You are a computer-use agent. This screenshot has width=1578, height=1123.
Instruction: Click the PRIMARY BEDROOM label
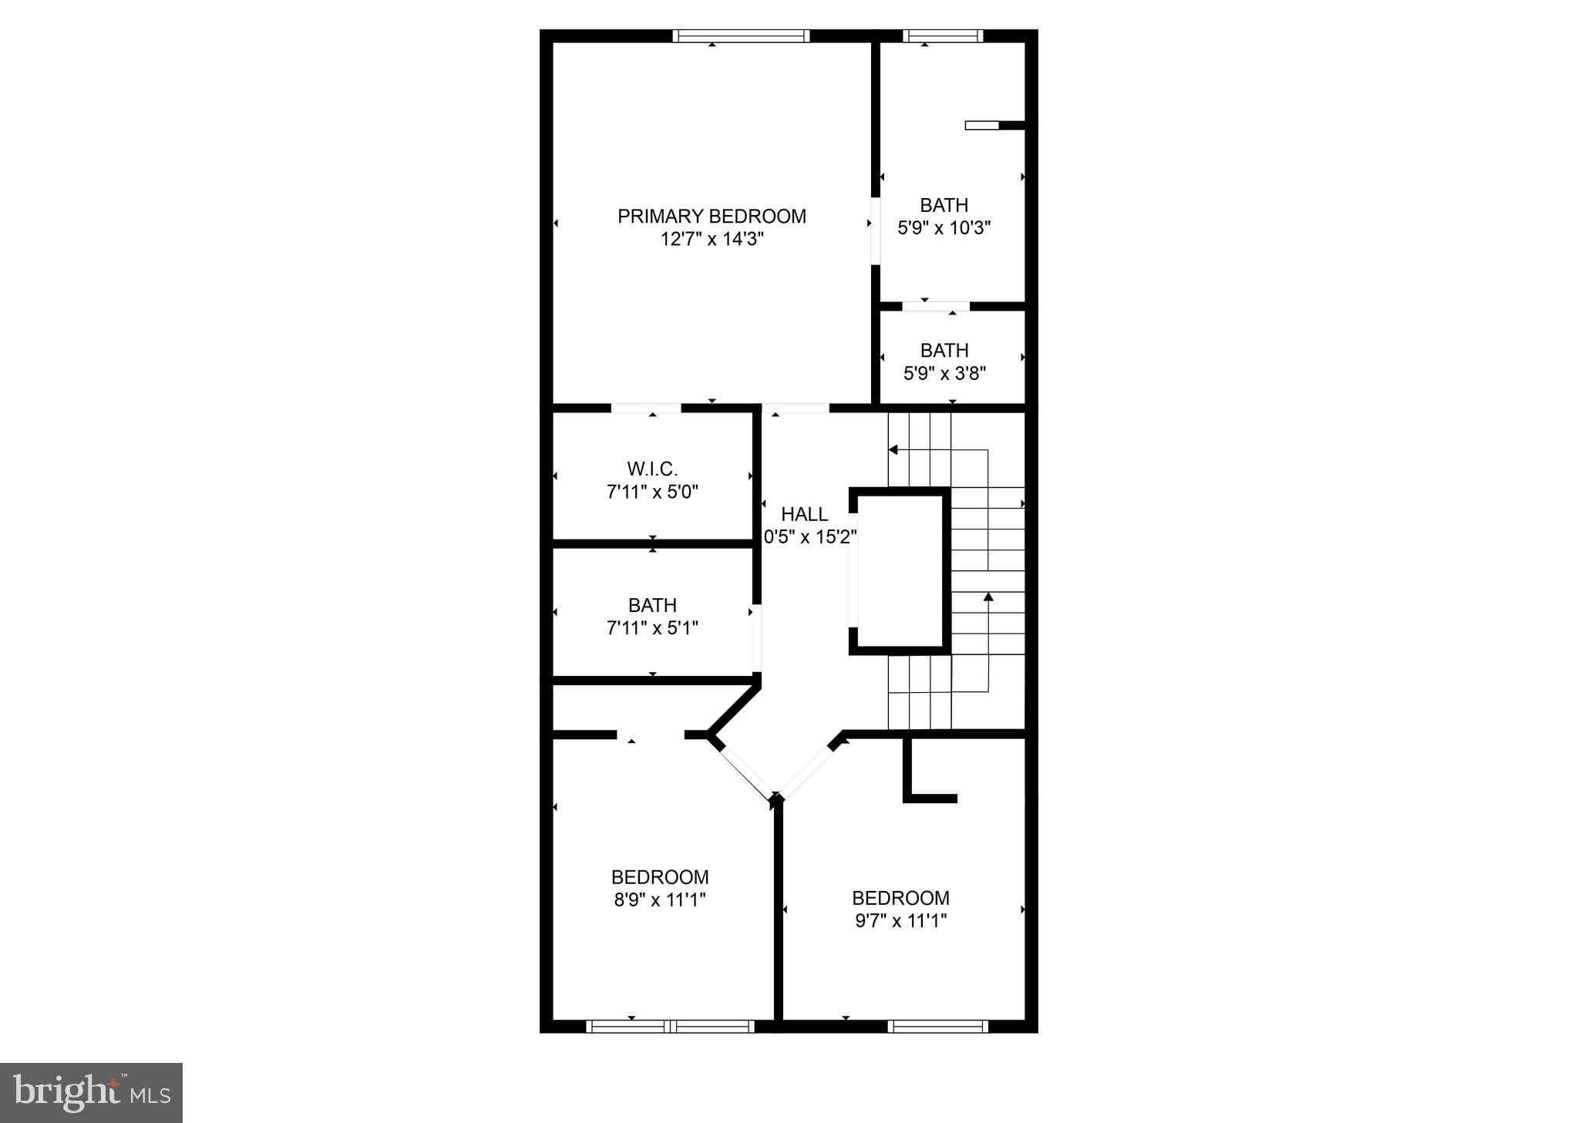[712, 217]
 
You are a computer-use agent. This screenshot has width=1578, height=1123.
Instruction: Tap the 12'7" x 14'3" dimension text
[712, 239]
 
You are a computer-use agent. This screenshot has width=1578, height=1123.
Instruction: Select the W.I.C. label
[652, 469]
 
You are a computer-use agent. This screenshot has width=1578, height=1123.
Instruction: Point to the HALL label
[804, 514]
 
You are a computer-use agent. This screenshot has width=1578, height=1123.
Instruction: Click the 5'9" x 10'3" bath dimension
[944, 227]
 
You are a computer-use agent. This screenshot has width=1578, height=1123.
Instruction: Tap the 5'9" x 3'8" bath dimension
[944, 373]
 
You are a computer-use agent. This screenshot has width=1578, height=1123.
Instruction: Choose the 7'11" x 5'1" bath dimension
[652, 628]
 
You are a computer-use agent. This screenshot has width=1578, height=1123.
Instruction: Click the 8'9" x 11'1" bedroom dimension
[659, 899]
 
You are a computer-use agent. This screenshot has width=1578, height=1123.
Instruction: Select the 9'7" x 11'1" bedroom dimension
[900, 920]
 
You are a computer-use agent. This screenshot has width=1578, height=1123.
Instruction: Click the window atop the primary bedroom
[741, 35]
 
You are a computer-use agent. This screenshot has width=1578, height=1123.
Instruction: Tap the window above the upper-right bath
[943, 35]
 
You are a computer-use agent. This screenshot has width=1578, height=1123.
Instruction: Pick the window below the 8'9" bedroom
[670, 1026]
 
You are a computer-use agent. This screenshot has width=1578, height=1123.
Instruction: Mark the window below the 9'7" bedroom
[937, 1026]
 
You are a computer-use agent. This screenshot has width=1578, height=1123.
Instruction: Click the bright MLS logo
[91, 1093]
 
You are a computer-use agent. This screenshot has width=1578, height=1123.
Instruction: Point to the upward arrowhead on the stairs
[988, 597]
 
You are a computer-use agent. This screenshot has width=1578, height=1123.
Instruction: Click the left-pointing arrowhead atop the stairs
[893, 449]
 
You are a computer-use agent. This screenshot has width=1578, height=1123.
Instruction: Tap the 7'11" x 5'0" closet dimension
[652, 492]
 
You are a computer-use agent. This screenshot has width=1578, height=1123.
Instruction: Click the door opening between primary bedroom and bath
[876, 231]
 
